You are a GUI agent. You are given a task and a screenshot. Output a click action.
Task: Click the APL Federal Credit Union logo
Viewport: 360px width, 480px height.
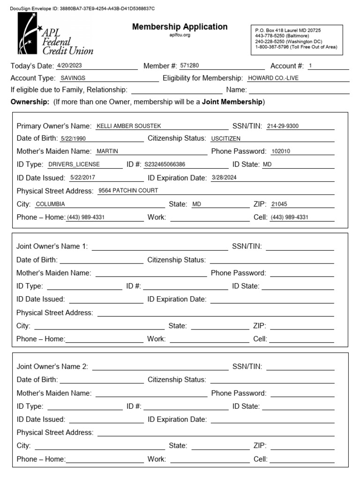55,34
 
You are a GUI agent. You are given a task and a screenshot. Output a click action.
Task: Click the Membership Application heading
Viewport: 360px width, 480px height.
180,27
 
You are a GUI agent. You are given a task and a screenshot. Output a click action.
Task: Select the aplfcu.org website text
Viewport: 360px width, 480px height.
180,35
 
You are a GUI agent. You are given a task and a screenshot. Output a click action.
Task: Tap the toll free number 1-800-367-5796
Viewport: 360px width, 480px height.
272,47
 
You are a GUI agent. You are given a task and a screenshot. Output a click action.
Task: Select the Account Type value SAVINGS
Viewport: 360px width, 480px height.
73,78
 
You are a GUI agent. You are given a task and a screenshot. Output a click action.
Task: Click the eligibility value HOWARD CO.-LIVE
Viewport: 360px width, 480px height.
273,78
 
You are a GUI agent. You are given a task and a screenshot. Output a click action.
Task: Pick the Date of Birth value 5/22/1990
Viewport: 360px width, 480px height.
74,139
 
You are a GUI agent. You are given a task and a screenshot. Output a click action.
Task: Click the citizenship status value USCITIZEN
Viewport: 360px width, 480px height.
225,139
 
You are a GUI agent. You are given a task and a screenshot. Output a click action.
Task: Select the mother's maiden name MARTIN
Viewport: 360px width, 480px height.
107,151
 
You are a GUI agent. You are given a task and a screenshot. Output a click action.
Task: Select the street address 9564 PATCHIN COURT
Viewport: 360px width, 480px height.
128,191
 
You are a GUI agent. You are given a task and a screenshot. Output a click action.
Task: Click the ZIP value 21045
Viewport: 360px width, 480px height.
280,204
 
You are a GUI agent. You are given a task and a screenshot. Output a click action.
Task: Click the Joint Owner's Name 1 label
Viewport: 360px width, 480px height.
52,247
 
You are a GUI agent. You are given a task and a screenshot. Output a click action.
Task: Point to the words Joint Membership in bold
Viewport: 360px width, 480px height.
232,102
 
